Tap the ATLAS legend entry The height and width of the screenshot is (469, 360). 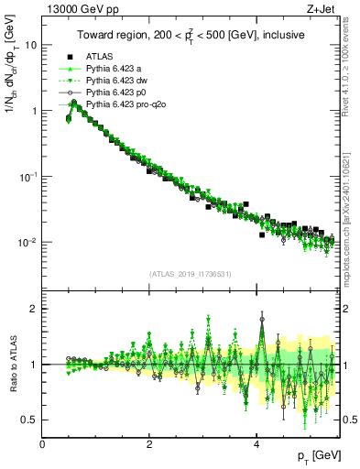pyautogui.click(x=103, y=55)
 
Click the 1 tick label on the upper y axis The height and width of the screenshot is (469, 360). pyautogui.click(x=33, y=111)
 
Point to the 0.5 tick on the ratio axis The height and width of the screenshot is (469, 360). pyautogui.click(x=28, y=420)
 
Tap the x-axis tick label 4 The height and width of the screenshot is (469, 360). pyautogui.click(x=256, y=444)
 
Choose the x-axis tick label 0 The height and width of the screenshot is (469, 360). pyautogui.click(x=43, y=444)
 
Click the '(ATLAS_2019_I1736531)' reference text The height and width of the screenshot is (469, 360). pyautogui.click(x=191, y=274)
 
